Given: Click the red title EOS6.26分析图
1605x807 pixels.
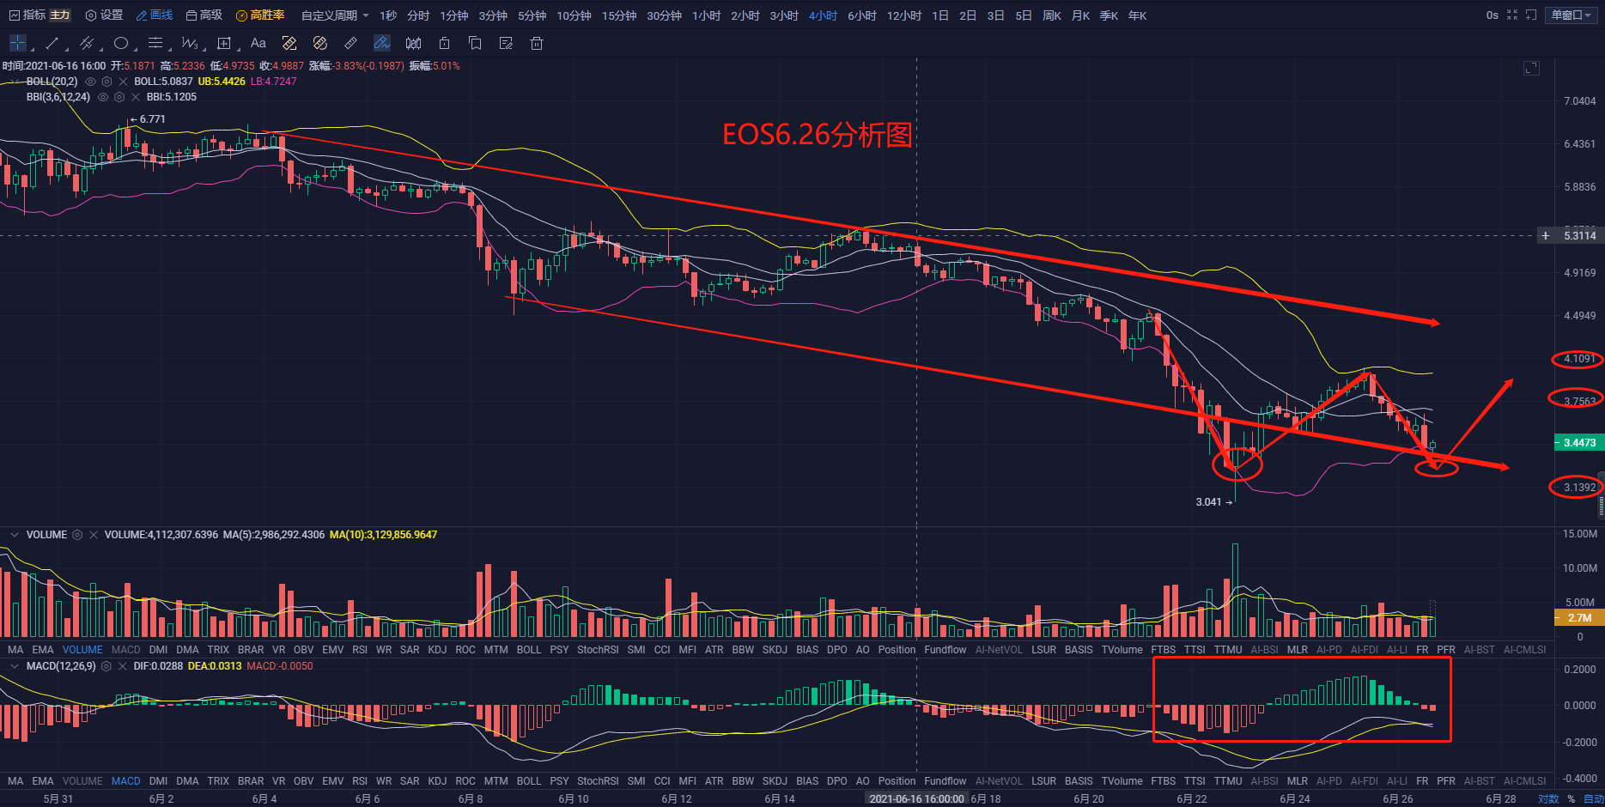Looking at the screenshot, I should click(817, 135).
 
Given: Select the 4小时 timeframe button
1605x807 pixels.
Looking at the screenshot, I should click(822, 15).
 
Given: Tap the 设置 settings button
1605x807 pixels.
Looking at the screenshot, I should click(105, 15).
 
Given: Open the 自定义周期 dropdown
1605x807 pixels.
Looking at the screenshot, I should click(334, 15).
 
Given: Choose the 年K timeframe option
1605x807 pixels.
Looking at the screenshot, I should click(1137, 15).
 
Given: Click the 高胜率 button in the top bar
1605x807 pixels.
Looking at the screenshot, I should click(260, 15).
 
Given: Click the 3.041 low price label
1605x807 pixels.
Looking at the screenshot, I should click(1208, 502).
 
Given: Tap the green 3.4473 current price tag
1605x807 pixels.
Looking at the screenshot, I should click(1578, 443).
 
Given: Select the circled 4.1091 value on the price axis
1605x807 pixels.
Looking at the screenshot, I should click(1578, 359).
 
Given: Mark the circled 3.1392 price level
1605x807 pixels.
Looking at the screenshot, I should click(1578, 488).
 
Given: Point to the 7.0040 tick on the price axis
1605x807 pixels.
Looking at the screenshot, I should click(1579, 101).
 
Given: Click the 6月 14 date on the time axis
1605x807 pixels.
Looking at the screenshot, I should click(780, 798).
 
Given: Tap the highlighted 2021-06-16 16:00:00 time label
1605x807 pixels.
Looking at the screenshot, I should click(916, 798).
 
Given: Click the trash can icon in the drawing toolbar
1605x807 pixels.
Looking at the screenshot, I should click(537, 43).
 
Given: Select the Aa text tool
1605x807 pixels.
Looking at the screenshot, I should click(258, 43).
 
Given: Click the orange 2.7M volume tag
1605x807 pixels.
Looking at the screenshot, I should click(1578, 617).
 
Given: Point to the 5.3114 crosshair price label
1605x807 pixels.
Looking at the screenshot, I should click(1579, 235).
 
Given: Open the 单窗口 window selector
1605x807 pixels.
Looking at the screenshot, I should click(1572, 15).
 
